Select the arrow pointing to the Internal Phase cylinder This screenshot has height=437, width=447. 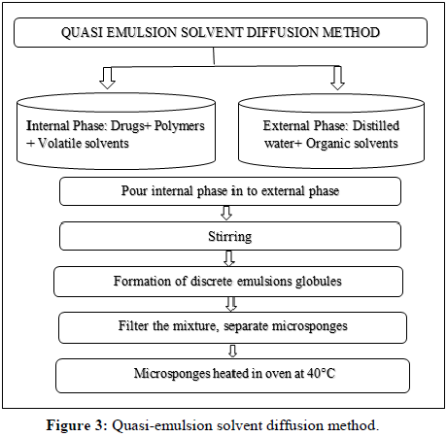tap(107, 78)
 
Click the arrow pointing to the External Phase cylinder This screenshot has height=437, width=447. tap(337, 78)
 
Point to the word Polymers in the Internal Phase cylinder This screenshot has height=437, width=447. tap(180, 125)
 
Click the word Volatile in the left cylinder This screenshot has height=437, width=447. tap(57, 143)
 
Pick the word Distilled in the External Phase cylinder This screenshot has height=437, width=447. tap(376, 125)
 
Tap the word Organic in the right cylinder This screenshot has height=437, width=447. tap(327, 143)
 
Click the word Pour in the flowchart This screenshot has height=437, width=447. tap(134, 190)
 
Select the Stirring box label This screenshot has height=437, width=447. tap(230, 237)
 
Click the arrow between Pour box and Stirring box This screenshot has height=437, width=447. tap(226, 213)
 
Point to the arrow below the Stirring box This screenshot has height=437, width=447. tap(229, 258)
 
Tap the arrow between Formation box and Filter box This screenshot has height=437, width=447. tap(231, 304)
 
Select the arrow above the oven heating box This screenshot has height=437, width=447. tap(232, 351)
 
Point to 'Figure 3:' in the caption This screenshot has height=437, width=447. tap(77, 425)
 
